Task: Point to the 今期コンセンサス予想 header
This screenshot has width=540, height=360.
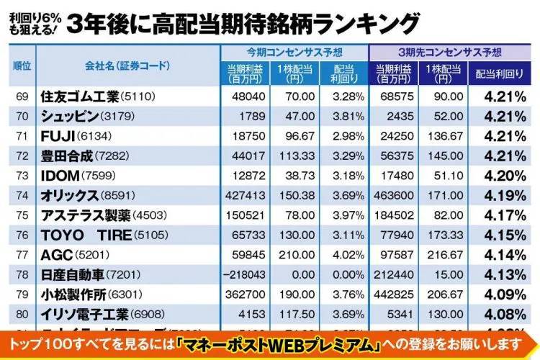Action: [x=293, y=53]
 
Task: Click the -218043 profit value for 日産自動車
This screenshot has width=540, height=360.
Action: [x=245, y=275]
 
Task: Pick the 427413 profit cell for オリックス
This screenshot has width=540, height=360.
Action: [x=245, y=195]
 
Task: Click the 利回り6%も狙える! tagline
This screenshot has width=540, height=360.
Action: [x=32, y=23]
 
